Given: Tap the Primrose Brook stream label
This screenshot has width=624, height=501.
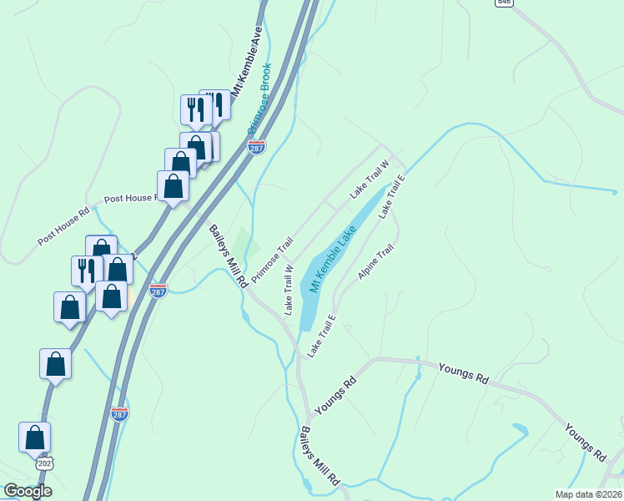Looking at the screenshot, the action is (259, 99).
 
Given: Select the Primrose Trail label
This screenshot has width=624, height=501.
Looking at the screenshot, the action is (273, 260).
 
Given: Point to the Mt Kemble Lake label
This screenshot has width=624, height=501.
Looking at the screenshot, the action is (330, 250).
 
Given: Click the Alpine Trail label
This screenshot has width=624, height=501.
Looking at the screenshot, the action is (375, 262).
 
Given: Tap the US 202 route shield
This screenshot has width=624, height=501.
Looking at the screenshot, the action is (44, 462).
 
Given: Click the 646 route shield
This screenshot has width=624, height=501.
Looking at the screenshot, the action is (503, 3).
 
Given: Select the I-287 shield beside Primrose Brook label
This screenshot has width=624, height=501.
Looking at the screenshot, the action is (257, 147).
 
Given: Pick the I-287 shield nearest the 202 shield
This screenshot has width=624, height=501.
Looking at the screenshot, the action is (119, 413).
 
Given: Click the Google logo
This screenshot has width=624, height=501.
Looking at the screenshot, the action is (28, 491).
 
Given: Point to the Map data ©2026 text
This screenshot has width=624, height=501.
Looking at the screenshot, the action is (589, 494).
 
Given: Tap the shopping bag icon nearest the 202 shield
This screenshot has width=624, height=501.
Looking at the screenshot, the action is (35, 437).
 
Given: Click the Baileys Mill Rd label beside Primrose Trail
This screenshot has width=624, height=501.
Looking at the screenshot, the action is (228, 256).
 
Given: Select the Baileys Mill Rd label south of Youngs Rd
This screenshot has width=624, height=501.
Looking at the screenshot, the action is (320, 456).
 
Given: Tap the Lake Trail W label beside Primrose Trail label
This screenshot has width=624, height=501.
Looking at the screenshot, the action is (289, 290).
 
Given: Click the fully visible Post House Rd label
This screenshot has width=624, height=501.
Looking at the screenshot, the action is (63, 226).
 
